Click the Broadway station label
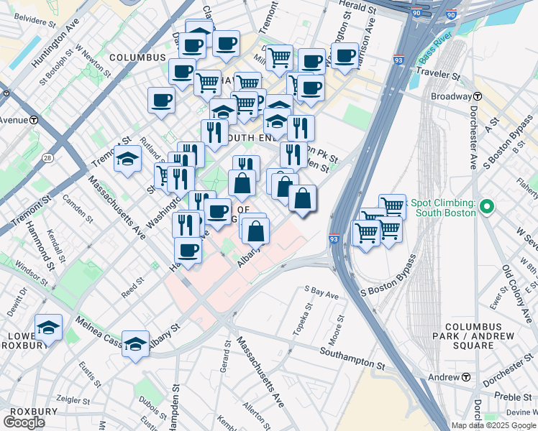click(450, 96)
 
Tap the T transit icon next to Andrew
click(466, 377)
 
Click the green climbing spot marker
click(487, 208)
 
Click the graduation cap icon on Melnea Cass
click(135, 343)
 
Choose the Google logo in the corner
click(24, 422)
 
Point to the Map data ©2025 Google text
click(493, 425)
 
